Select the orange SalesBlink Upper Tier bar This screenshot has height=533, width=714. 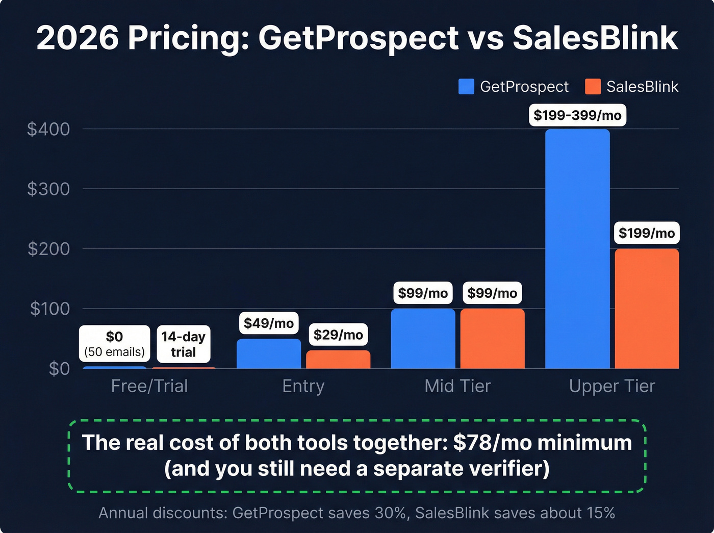click(647, 309)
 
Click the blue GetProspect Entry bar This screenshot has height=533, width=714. click(269, 353)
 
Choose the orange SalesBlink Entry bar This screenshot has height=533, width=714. click(338, 359)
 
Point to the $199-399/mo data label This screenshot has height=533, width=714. click(577, 115)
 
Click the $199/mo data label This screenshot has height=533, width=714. click(647, 233)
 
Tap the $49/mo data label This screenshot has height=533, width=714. click(269, 323)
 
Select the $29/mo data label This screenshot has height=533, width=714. click(338, 335)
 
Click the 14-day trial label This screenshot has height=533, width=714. click(183, 344)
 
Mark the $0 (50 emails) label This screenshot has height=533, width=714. click(114, 344)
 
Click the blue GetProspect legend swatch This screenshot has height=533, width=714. click(466, 87)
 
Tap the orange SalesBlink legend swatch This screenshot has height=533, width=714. click(593, 87)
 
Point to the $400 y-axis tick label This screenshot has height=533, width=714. click(48, 129)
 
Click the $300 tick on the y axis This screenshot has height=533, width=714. click(48, 189)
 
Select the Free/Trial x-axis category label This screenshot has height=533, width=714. click(149, 386)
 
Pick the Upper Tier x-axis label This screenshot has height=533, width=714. click(612, 386)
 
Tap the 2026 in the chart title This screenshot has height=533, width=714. click(78, 38)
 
